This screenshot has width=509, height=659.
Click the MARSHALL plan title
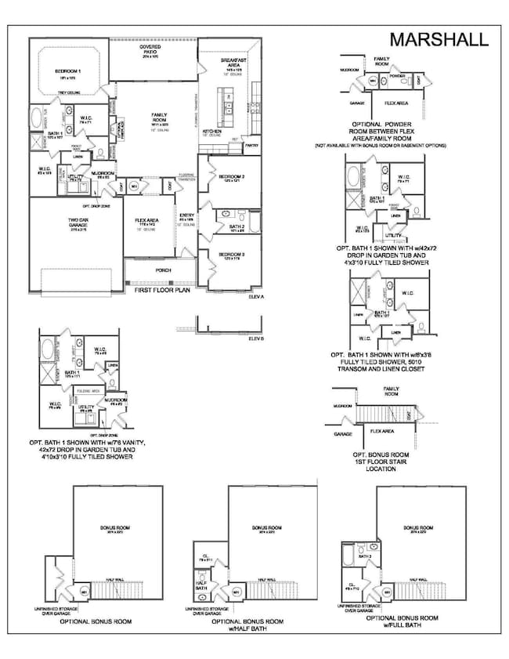click(440, 38)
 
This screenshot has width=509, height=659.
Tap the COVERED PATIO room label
click(150, 49)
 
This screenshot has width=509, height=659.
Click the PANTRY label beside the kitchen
click(251, 145)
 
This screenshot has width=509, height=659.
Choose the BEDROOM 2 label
click(233, 176)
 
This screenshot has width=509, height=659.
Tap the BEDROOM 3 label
click(233, 255)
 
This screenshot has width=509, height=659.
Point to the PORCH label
click(163, 270)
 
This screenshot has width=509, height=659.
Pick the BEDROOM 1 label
click(69, 71)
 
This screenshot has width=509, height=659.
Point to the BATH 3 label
click(364, 557)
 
